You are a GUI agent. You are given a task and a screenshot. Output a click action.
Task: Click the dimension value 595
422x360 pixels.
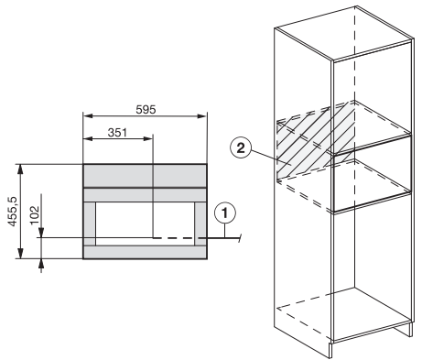pos(146,109)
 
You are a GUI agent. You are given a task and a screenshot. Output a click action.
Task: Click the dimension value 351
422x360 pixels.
pos(117,133)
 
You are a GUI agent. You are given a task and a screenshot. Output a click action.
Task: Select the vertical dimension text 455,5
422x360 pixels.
pos(13,212)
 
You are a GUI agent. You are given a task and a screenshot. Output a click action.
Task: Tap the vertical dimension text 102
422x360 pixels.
pos(35,214)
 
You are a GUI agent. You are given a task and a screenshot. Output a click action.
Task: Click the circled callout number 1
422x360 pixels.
pos(225,213)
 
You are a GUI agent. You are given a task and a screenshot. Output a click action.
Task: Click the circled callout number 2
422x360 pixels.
pos(241,148)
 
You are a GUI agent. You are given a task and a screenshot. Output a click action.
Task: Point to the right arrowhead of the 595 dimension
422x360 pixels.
pos(202,116)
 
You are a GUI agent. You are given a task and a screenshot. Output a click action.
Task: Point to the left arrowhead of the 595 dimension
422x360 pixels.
pos(88,116)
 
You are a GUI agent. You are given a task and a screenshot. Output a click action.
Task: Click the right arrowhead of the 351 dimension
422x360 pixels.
pos(147,139)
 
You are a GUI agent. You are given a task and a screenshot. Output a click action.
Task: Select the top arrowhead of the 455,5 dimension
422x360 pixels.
pos(20,169)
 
